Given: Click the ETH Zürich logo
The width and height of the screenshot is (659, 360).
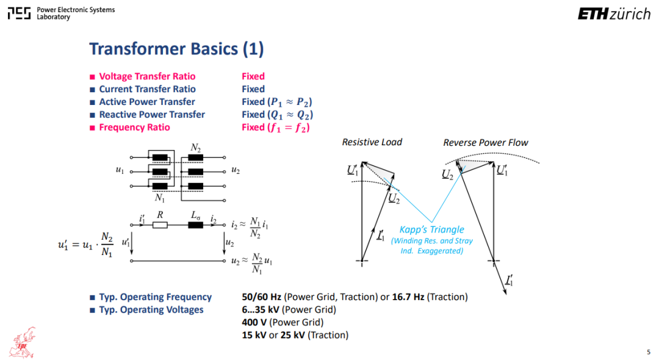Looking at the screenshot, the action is [x=614, y=14].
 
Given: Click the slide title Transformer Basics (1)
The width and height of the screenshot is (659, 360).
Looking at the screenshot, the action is [x=176, y=49].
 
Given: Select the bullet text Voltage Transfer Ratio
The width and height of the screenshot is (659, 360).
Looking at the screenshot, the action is [x=147, y=76].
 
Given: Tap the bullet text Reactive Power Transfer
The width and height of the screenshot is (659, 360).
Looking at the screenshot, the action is [x=152, y=115].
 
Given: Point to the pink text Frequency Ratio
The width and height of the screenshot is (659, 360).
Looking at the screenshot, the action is [x=134, y=128].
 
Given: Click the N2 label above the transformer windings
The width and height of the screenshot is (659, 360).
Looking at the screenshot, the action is [x=196, y=148].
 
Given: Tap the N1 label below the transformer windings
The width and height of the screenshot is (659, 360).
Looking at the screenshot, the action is [x=160, y=198].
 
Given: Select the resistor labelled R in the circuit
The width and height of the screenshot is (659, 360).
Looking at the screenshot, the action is [x=160, y=225].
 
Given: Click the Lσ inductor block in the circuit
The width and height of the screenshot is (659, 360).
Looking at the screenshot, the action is [x=195, y=225].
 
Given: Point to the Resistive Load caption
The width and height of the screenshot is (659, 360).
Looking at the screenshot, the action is [x=372, y=142].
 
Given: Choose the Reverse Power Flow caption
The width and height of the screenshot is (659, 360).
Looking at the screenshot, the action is [x=486, y=143].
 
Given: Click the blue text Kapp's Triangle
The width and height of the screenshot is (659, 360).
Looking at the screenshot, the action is [x=431, y=230].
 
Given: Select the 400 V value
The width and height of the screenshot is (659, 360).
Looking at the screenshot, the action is [x=254, y=323].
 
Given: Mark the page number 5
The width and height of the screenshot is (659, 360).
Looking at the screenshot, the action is [x=649, y=352].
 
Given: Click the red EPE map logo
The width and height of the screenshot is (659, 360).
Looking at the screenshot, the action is [x=24, y=343].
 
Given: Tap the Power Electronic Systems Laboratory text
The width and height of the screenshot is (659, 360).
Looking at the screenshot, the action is [x=76, y=13].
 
